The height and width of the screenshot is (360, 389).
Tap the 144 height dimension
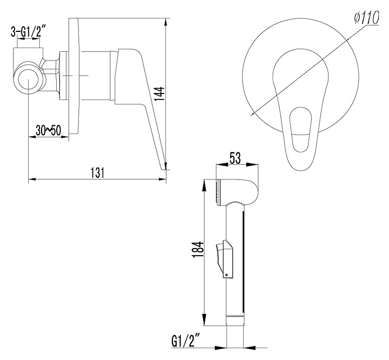tap(159, 94)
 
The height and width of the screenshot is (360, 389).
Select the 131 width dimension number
tap(97, 172)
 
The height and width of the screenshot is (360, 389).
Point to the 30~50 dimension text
tap(48, 130)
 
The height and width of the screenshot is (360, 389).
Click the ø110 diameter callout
tap(367, 17)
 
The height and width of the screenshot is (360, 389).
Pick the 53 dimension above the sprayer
tap(235, 158)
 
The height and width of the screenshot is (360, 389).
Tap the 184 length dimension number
tap(198, 249)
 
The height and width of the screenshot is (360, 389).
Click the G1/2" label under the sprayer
tap(185, 342)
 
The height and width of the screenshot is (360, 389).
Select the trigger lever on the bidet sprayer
tap(224, 259)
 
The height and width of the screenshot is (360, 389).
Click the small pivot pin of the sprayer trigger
tap(226, 275)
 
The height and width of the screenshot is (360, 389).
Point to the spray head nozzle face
tap(218, 192)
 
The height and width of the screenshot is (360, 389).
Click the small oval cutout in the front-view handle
tap(300, 129)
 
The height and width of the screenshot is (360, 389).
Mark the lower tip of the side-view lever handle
tap(164, 169)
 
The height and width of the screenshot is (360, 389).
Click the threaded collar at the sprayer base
tap(236, 320)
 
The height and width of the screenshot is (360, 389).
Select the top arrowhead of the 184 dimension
tap(204, 185)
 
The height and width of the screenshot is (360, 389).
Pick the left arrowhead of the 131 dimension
tap(32, 179)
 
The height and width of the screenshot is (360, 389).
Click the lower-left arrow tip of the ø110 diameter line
tap(253, 114)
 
